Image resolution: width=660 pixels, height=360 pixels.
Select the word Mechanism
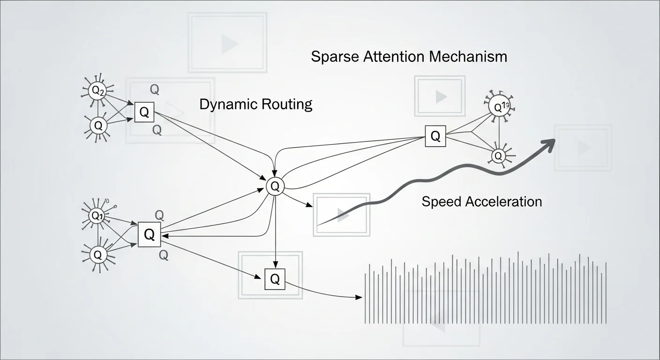click(468, 57)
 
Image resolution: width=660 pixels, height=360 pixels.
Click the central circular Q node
click(275, 187)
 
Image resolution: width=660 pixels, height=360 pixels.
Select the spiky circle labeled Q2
click(98, 91)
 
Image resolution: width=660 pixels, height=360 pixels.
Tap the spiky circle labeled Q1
click(97, 216)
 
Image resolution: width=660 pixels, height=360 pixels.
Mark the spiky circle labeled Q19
click(499, 107)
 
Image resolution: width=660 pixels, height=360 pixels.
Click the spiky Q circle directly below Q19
click(498, 155)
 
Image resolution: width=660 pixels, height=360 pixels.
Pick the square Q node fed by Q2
click(144, 112)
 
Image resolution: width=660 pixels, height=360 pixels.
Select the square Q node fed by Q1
click(150, 235)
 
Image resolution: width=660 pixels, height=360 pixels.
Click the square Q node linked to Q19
click(435, 136)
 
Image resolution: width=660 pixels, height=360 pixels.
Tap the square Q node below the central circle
click(275, 279)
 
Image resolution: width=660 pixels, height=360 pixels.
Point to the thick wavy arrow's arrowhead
click(549, 143)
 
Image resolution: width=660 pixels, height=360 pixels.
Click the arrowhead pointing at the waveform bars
click(360, 297)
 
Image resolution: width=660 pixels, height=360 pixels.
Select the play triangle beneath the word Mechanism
click(441, 97)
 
